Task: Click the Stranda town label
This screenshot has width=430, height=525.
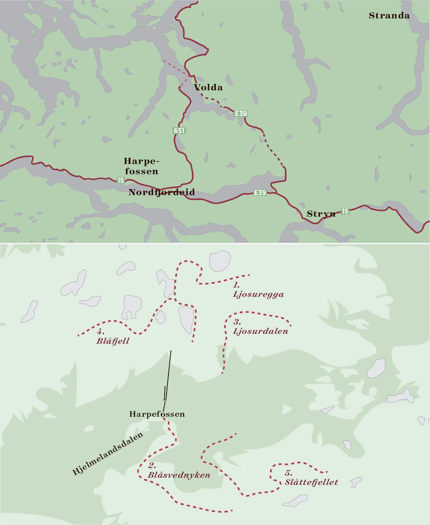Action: pos(389,16)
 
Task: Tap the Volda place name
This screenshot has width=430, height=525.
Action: pos(208,88)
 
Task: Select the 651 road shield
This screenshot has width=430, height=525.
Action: pos(179,131)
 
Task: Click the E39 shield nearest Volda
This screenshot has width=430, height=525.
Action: pos(241,113)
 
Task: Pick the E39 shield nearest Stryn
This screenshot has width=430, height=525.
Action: pos(260,193)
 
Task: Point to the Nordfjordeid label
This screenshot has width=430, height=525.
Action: pos(162,192)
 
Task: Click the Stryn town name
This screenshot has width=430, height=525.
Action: pos(321,214)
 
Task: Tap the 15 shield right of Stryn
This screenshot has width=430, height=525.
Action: pos(345,211)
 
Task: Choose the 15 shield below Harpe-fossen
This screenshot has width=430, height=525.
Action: pos(120,180)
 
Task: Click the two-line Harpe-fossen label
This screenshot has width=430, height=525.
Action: pos(141,166)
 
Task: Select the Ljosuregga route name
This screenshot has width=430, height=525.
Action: pos(258,295)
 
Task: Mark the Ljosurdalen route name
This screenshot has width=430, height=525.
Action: pos(260,331)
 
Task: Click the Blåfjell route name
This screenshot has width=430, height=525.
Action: pos(113,341)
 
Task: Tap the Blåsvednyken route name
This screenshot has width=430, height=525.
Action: pos(179,475)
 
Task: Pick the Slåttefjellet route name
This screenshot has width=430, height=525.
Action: pos(311,482)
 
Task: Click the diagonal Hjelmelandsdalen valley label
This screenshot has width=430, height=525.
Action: pos(107,454)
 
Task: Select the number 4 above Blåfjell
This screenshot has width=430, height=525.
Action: pos(100,332)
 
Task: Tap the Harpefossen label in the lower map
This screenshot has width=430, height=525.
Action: pos(157,414)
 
